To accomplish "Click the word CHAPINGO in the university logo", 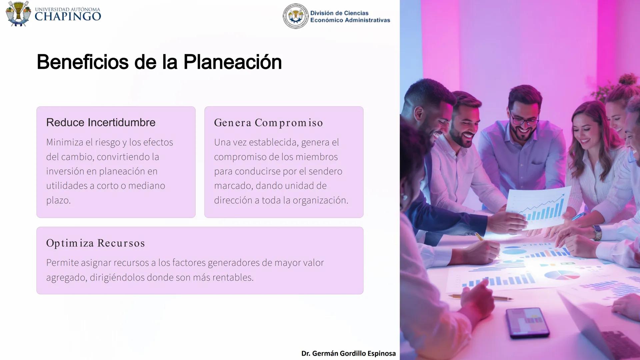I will point(68,17).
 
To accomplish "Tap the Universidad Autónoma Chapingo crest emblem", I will point(18,14).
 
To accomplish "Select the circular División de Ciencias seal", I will point(296,16).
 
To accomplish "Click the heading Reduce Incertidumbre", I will point(101,122).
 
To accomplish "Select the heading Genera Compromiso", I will point(268,123).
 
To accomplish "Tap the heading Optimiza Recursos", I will point(95,243).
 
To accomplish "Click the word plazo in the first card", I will point(58,200).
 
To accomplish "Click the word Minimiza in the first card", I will point(65,142).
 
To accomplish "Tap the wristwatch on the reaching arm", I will point(597,232).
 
